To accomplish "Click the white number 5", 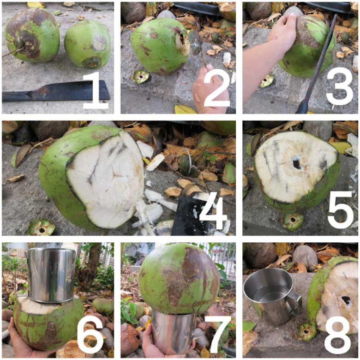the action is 341,209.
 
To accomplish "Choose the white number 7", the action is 217,335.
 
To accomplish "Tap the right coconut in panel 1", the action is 87,44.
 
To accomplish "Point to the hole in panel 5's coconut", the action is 297,163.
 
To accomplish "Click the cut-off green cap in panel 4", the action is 42,227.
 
